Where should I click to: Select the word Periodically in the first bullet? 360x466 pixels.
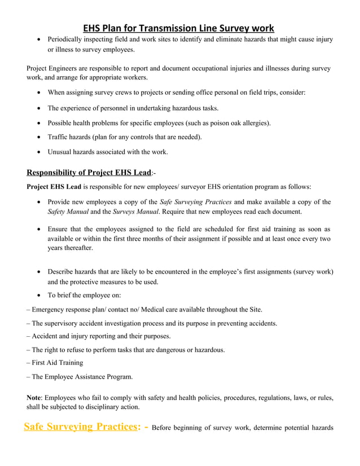[x=67, y=39]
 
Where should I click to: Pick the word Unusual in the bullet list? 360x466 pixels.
[x=60, y=151]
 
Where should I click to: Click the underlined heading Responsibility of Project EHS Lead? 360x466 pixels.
[x=89, y=172]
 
